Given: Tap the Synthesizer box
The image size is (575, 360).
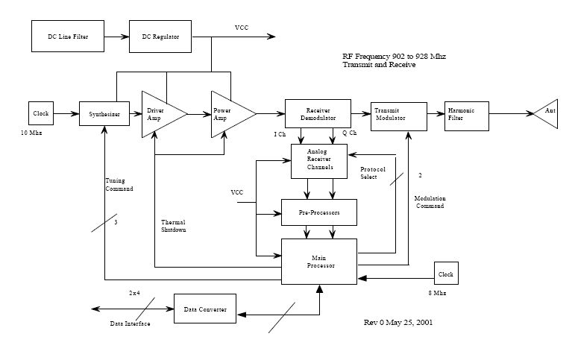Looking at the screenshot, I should tap(104, 114).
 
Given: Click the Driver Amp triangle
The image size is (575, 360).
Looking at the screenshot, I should tap(158, 114).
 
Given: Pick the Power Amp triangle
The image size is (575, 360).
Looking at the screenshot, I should tap(227, 114).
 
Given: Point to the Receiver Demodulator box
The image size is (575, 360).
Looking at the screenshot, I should tap(318, 113).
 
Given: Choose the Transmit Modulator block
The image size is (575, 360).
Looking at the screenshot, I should tap(399, 113).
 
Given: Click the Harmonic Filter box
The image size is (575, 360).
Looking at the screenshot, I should tap(465, 113).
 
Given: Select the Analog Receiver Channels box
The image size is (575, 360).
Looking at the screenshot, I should tap(323, 160).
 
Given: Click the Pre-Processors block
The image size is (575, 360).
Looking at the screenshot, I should tap(318, 212).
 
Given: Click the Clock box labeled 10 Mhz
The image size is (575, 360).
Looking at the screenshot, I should tap(40, 114).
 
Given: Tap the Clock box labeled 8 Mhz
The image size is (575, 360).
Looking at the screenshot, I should tap(445, 274).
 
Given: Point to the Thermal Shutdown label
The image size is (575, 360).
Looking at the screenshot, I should tap(173, 226).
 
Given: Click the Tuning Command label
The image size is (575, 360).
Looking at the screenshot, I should tap(119, 185).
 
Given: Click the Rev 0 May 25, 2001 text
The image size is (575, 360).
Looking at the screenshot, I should tap(398, 323).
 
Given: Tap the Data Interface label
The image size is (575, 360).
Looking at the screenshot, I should tap(130, 324).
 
